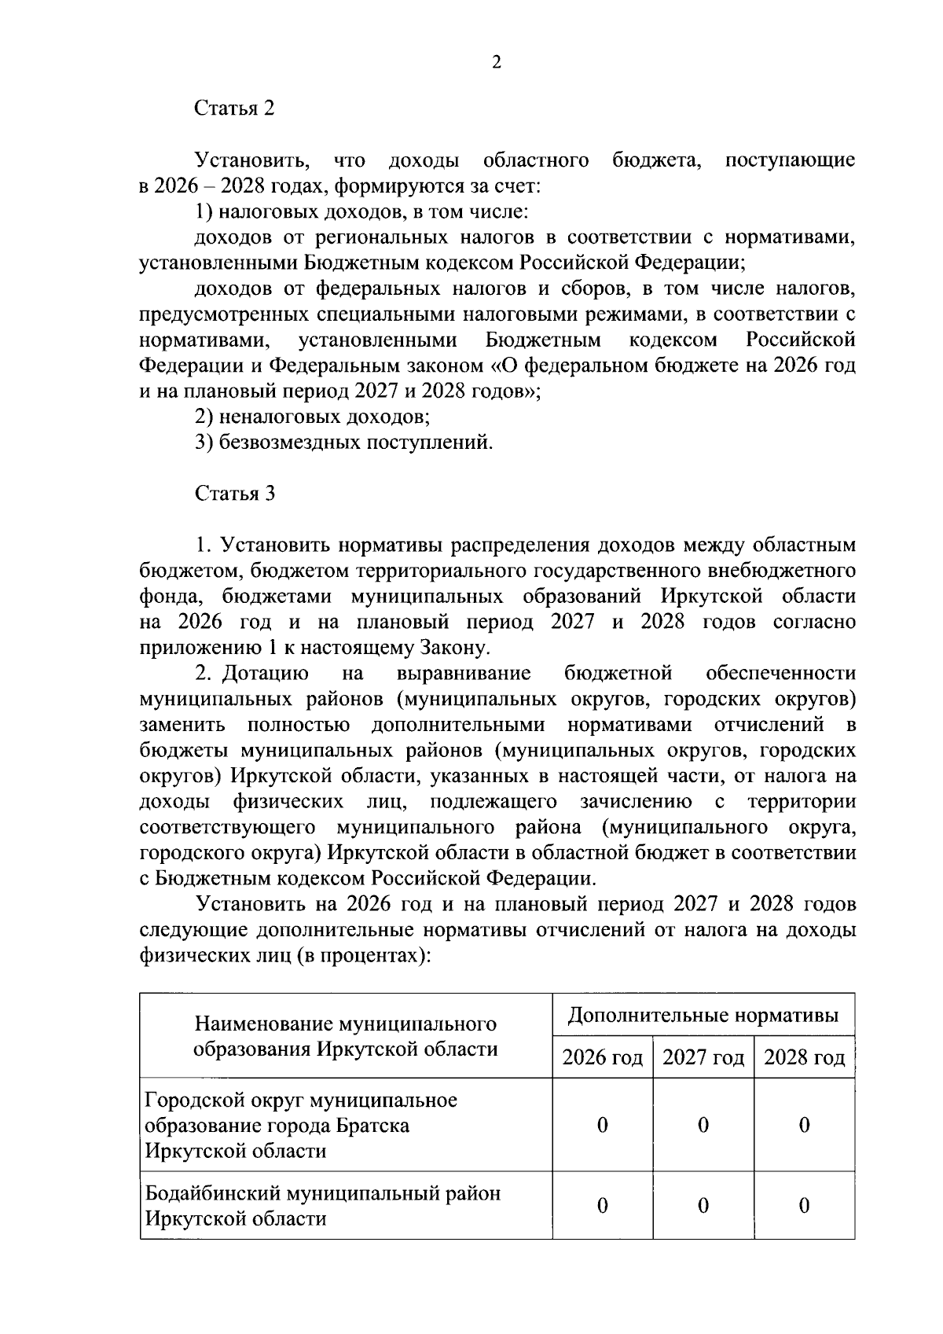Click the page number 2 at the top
tap(496, 64)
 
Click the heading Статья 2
tap(235, 108)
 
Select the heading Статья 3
tap(235, 494)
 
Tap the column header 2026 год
tap(602, 1057)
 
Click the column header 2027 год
tap(703, 1057)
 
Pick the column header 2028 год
tap(804, 1057)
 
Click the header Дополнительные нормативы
tap(703, 1016)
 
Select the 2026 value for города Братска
tap(602, 1126)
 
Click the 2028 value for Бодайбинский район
tap(804, 1206)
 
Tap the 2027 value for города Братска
tap(703, 1126)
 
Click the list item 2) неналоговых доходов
tap(312, 417)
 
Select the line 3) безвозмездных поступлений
tap(344, 443)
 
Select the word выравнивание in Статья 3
tap(464, 674)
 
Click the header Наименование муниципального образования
tap(346, 1036)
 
